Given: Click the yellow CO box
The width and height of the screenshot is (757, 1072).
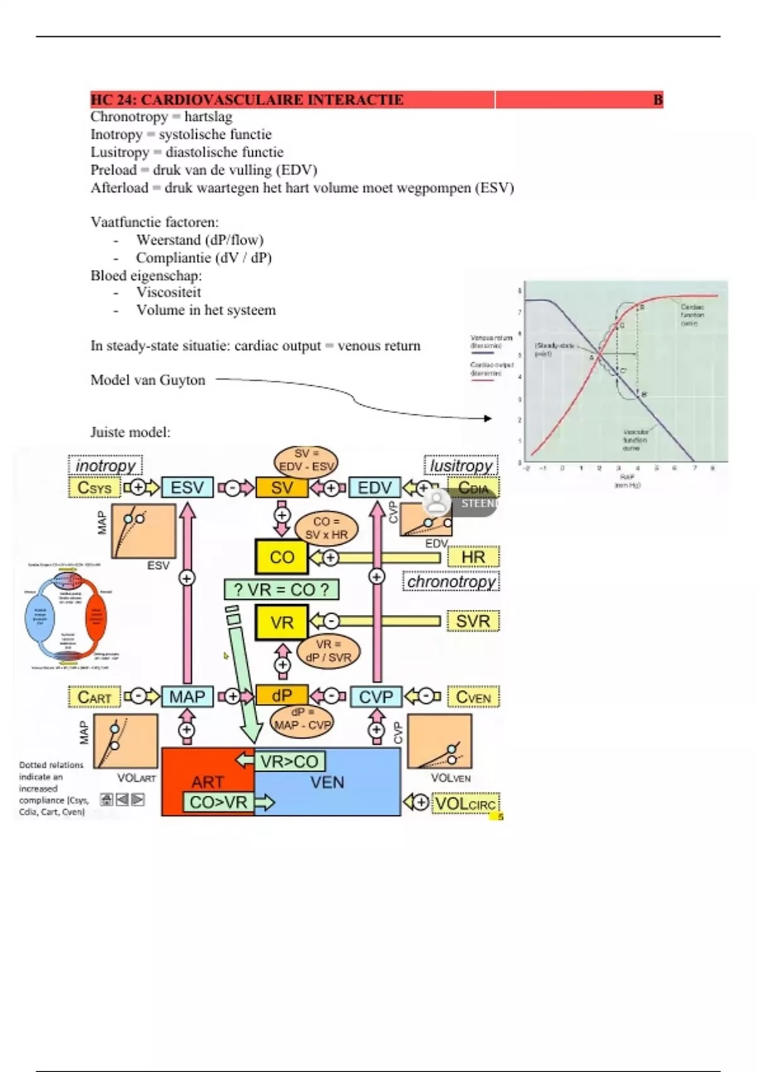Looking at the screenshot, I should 281,557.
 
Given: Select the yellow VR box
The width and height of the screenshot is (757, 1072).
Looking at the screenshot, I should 281,622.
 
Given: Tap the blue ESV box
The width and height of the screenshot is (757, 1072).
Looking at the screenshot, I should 187,487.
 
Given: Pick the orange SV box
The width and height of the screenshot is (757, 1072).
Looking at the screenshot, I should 281,487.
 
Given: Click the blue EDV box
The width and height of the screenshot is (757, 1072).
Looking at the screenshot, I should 375,487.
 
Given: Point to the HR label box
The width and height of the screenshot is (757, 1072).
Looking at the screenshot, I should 473,557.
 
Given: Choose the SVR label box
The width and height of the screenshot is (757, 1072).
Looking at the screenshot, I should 473,621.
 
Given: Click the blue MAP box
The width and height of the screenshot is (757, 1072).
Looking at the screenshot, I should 187,697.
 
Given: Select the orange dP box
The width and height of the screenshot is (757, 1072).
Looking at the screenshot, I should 281,696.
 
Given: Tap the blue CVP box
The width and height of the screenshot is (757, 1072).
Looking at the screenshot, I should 375,697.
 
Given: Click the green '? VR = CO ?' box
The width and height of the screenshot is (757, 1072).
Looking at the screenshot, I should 281,590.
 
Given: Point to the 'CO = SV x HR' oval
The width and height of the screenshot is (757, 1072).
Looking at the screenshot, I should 326,528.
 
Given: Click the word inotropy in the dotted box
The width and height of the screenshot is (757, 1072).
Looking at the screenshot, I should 105,465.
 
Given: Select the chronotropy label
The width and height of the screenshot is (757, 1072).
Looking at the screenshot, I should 451,581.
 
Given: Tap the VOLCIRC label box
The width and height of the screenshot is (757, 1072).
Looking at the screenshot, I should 465,803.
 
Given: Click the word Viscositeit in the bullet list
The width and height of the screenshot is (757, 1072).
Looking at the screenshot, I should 168,293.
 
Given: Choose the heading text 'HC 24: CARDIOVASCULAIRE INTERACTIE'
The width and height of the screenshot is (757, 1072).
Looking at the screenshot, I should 247,100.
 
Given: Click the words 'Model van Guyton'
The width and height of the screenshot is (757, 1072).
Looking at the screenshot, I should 148,380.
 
